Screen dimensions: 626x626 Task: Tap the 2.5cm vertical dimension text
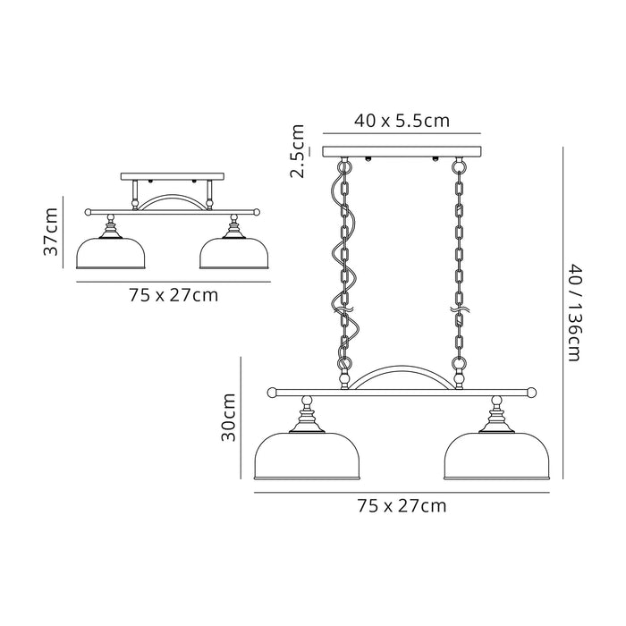coord(300,151)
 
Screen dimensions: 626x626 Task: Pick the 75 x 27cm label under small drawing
coord(173,294)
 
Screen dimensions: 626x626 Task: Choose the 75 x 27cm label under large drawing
coord(401,505)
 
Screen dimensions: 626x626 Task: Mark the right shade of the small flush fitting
coord(234,252)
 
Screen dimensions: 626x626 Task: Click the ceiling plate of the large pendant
coord(401,150)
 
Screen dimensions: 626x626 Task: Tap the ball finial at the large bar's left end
coord(269,391)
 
